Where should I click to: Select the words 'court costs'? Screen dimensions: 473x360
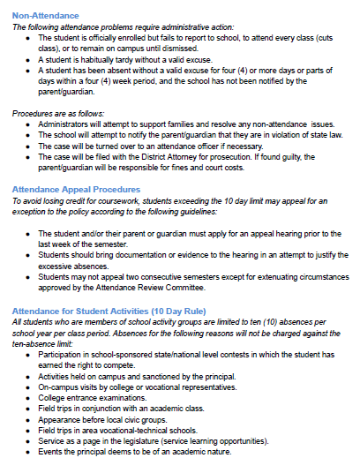tap(225, 166)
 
